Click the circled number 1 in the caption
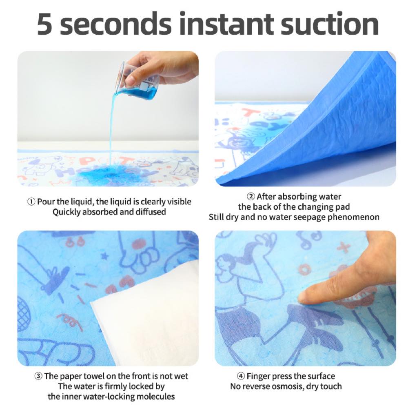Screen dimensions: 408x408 (32, 202)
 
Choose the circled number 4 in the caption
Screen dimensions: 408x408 (241, 376)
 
